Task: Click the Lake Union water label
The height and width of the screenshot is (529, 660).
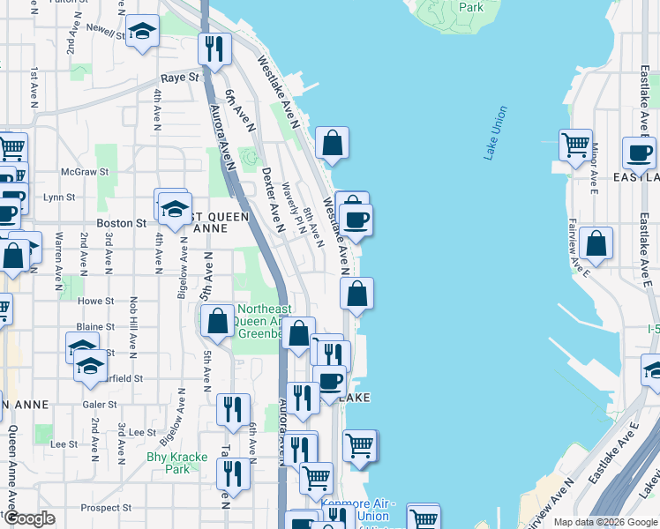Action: coord(496,133)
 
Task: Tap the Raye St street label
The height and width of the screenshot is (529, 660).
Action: coord(179,78)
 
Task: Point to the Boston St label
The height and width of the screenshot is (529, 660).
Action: coord(128,224)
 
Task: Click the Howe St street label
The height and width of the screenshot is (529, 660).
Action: coord(92,301)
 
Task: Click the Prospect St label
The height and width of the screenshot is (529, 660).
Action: coord(106,508)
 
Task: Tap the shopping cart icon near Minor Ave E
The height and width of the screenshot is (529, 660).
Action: coord(575,145)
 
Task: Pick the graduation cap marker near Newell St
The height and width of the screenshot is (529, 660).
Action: coord(141,33)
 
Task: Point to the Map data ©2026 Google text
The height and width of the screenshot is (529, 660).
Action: coord(604,522)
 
